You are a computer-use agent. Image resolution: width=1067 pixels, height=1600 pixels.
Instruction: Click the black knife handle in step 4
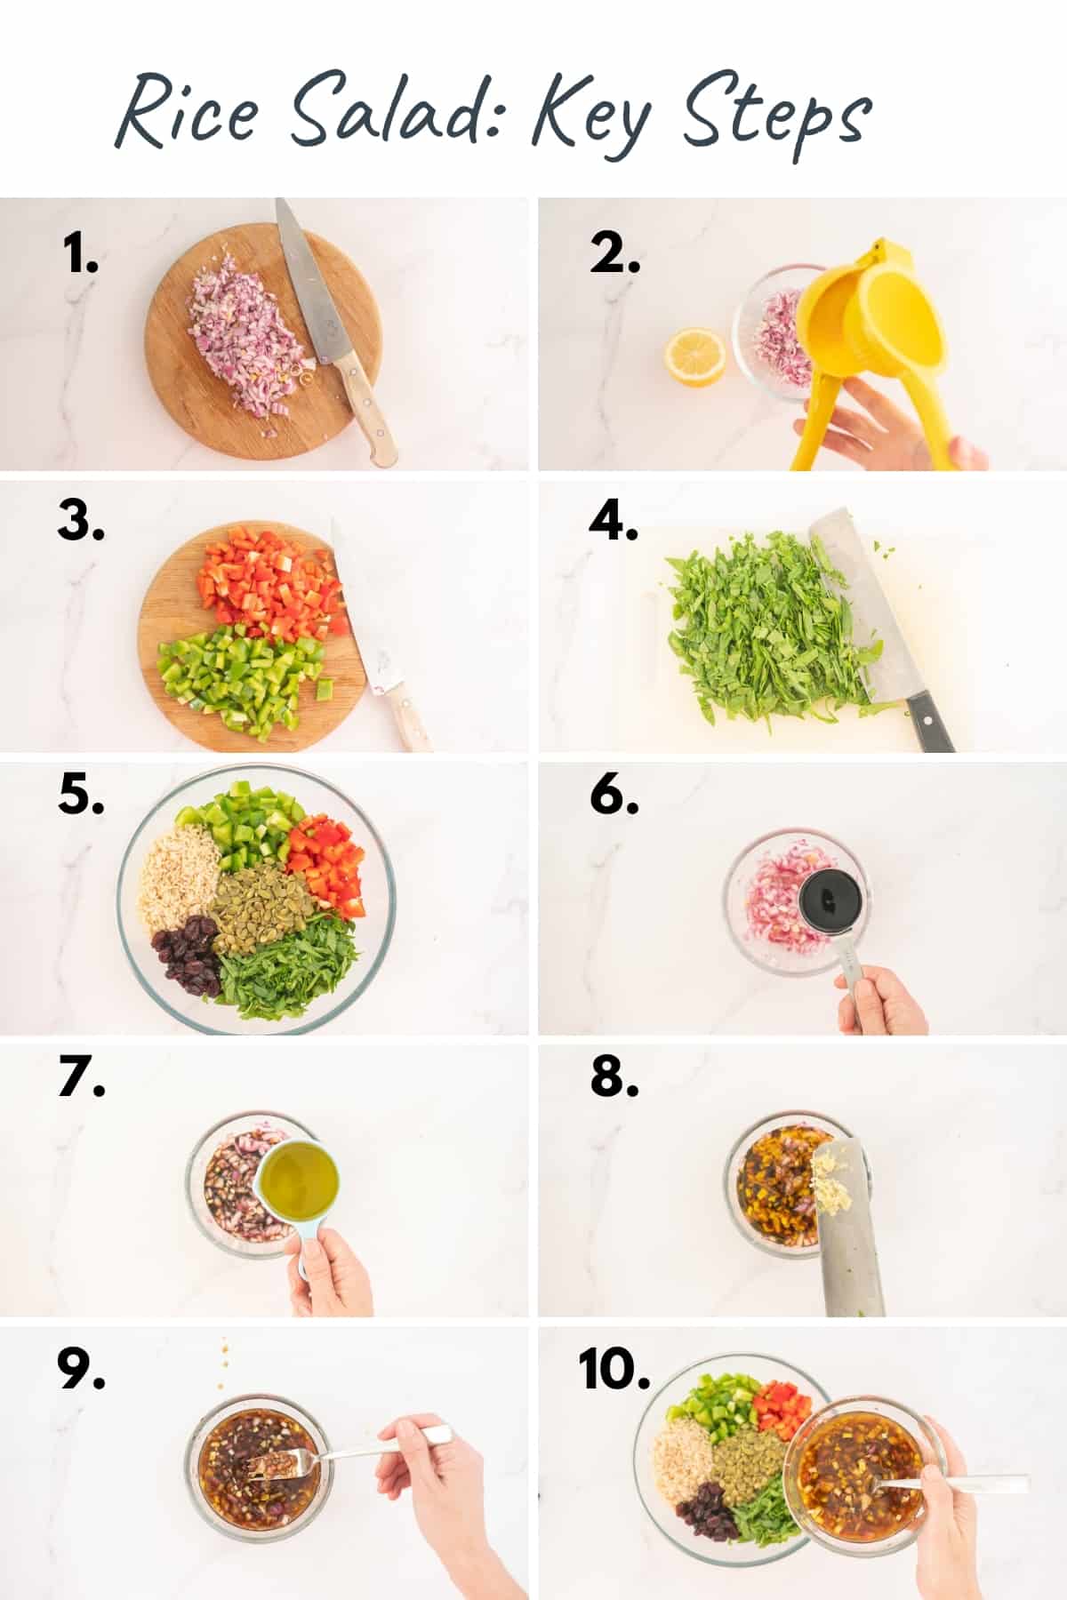pos(929,720)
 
